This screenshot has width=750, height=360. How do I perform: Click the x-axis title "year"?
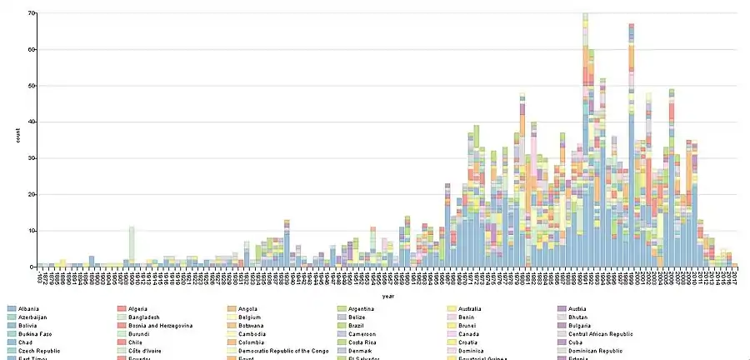(x=388, y=296)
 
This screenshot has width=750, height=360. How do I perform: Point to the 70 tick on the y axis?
(x=31, y=13)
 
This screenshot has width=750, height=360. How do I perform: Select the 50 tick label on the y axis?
(x=31, y=86)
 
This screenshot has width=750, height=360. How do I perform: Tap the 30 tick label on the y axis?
(x=31, y=158)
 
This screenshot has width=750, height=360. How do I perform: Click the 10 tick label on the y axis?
(x=31, y=231)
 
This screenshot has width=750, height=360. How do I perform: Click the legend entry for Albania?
(x=29, y=309)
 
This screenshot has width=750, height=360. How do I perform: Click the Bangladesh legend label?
(x=145, y=317)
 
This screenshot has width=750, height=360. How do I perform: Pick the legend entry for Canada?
(x=471, y=334)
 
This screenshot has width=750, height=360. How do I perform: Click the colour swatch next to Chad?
(x=10, y=342)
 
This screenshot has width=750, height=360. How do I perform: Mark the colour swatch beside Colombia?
(x=232, y=342)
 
